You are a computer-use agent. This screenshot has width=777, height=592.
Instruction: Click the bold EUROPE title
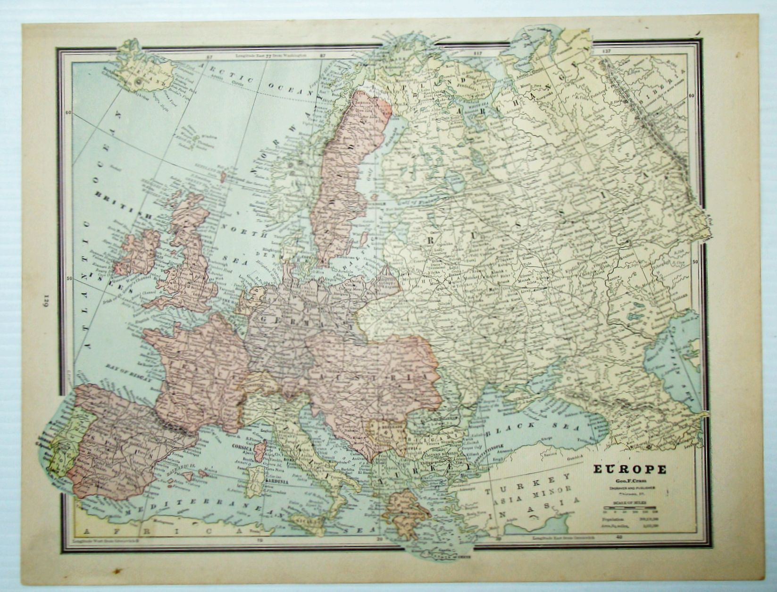coord(629,469)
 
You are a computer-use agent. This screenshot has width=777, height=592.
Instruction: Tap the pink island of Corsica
coord(260,451)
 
